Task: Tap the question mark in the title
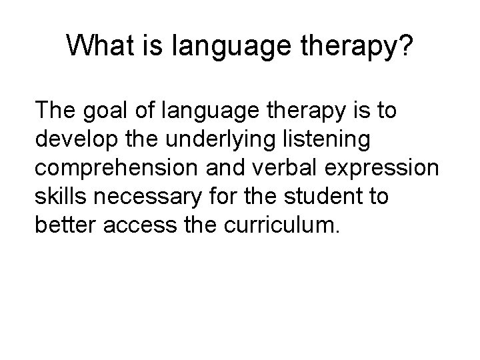[405, 46]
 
